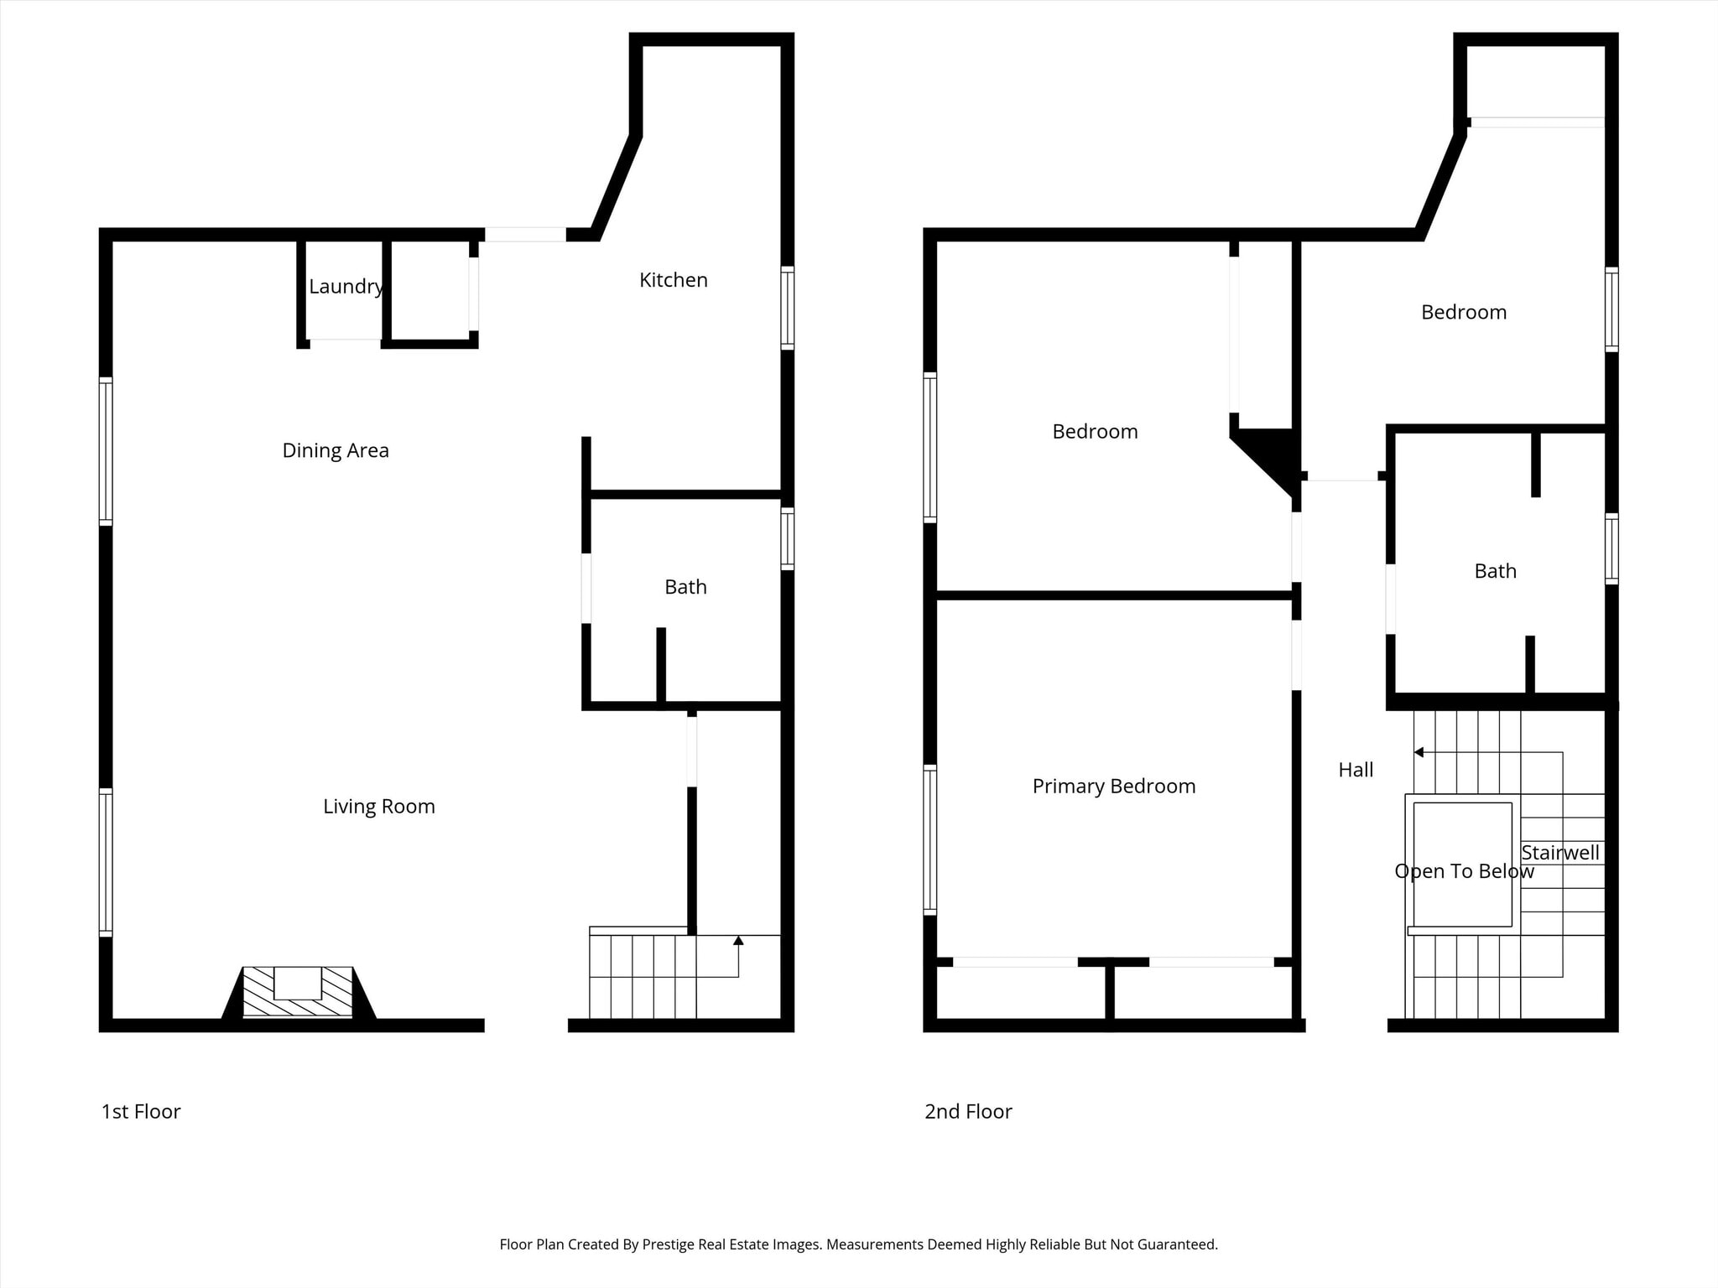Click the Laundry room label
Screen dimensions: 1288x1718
coord(346,287)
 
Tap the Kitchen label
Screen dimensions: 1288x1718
coord(673,280)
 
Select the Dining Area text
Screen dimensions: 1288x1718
coord(336,450)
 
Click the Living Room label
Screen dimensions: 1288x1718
coord(379,807)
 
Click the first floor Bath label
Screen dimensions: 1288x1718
coord(685,587)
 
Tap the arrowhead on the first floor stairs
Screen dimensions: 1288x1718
coord(738,941)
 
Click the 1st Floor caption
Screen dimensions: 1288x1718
coord(141,1112)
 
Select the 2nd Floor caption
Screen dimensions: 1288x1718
coord(968,1112)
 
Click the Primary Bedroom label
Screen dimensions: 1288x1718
coord(1114,787)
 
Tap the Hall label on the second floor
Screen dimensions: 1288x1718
coord(1356,770)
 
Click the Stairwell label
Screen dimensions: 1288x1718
coord(1560,853)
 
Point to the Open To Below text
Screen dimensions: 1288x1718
coord(1464,871)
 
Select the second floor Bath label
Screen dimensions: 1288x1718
coord(1495,571)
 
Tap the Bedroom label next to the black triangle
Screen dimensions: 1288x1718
coord(1095,432)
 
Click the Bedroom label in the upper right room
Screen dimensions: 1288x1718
coord(1464,313)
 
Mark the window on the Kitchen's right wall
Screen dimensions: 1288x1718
coord(787,307)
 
